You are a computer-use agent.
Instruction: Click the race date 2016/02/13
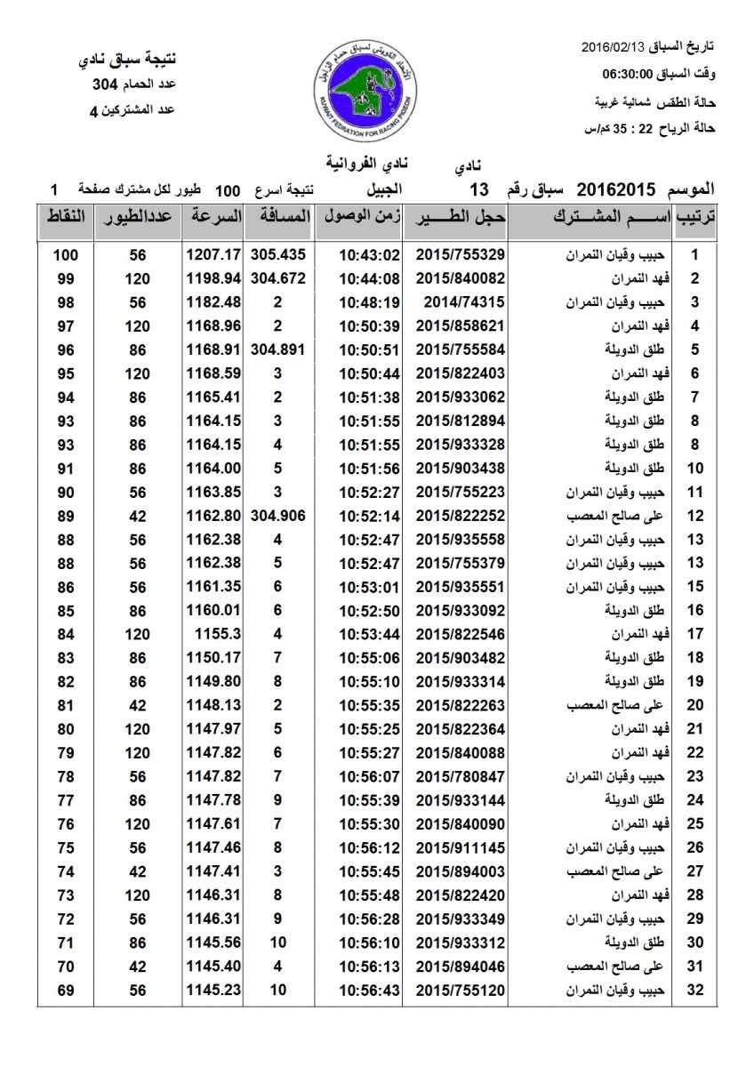(614, 45)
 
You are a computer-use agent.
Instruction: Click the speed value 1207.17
(213, 255)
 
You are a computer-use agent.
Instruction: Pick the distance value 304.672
(278, 278)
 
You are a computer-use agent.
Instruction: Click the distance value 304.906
(278, 516)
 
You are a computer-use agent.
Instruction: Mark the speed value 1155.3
(213, 634)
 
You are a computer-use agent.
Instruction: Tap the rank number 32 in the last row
(696, 990)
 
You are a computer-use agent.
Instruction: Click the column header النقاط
(65, 216)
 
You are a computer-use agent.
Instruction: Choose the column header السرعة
(214, 216)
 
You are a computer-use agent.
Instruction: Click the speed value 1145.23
(213, 990)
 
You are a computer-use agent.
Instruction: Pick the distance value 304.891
(278, 349)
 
